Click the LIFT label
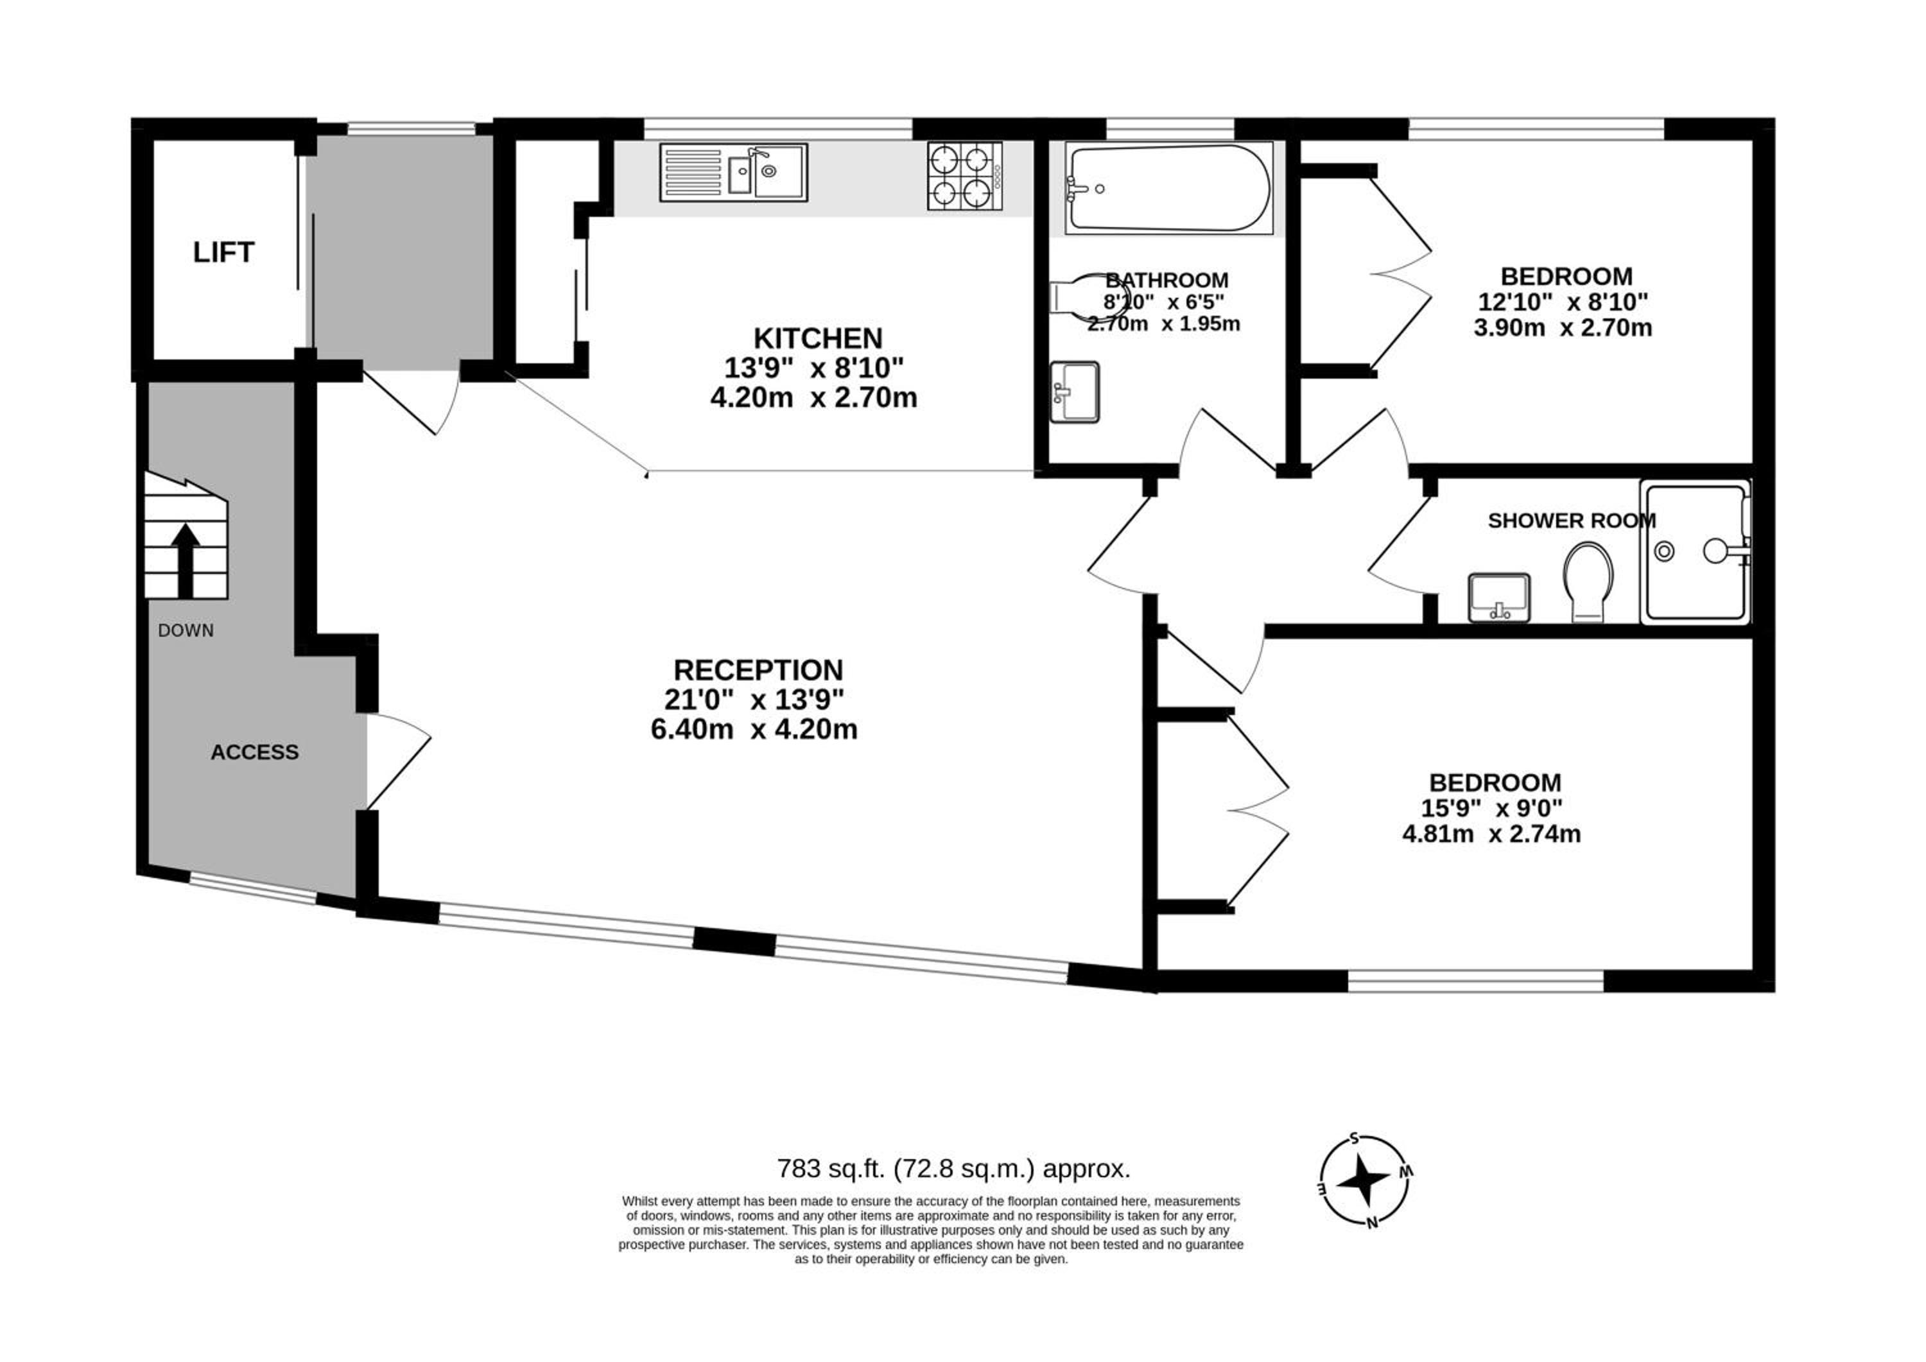[x=223, y=252]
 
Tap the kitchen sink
[x=733, y=172]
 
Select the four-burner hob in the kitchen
[x=965, y=175]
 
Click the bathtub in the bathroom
[x=1168, y=189]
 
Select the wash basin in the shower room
[x=1499, y=598]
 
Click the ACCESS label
[x=254, y=752]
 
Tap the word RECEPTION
[x=758, y=670]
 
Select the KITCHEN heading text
[x=818, y=339]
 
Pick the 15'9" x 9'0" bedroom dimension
[x=1491, y=809]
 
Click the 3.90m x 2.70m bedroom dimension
[x=1563, y=327]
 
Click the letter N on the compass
[x=1373, y=1222]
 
